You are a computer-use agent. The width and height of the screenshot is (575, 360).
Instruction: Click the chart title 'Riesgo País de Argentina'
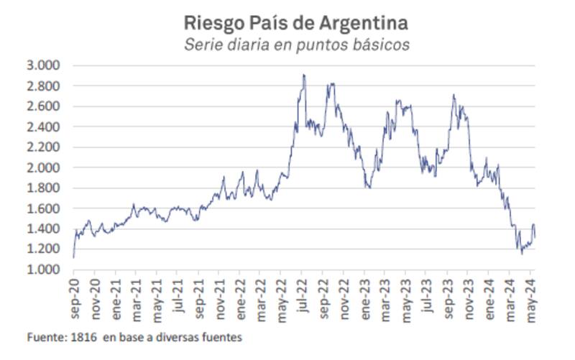pos(296,22)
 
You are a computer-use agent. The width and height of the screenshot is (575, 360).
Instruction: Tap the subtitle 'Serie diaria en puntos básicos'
pos(296,44)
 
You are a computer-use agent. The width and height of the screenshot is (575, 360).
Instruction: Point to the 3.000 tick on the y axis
pos(45,65)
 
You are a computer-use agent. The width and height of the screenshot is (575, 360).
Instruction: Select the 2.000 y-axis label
pos(45,167)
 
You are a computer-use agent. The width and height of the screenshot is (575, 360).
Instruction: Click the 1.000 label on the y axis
pos(45,269)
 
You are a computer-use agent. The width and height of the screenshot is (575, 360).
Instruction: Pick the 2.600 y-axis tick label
pos(45,106)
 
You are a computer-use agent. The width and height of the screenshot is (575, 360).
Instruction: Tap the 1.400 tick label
pos(45,229)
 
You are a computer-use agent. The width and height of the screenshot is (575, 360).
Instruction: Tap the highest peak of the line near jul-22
pos(303,75)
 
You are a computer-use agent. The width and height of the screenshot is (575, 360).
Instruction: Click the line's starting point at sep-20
pos(73,257)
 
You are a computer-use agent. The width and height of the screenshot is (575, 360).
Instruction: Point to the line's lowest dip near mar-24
pos(522,254)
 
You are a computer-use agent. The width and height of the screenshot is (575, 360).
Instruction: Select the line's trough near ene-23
pos(368,188)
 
